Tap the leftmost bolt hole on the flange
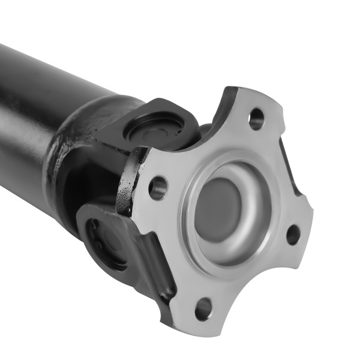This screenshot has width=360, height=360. click(x=158, y=188)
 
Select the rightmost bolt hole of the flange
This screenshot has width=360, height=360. click(x=293, y=234)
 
